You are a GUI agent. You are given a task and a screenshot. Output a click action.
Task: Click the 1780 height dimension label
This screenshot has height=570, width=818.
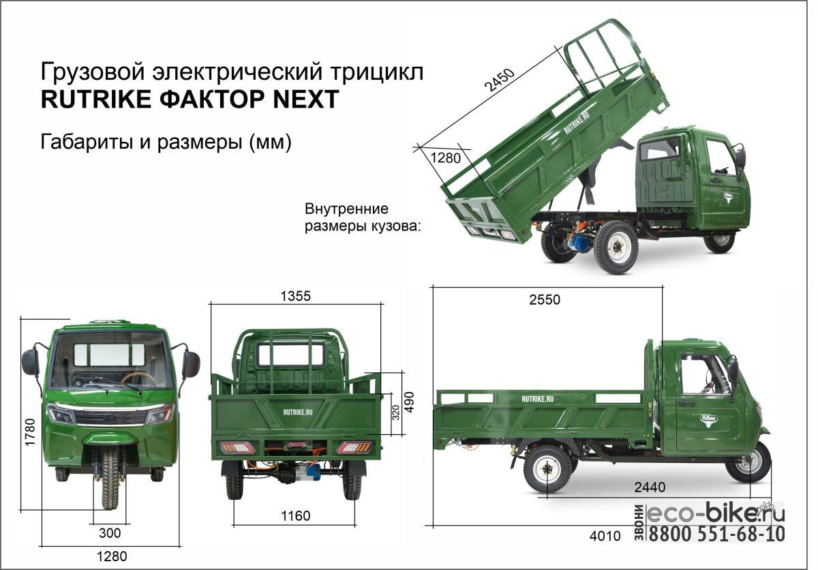[30, 432]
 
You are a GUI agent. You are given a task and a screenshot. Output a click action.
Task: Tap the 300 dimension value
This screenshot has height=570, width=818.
[110, 533]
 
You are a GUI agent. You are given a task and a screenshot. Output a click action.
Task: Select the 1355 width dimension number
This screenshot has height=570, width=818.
[295, 296]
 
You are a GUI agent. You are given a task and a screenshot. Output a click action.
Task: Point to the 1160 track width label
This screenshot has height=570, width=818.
[295, 515]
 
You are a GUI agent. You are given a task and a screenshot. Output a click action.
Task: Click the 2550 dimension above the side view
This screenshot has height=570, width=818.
[545, 299]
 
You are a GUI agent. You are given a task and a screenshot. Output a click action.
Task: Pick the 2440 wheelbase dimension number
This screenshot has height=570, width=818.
[650, 487]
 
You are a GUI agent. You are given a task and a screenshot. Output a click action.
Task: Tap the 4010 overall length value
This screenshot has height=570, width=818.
[605, 536]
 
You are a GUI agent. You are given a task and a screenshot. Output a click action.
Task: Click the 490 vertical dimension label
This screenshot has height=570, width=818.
[410, 402]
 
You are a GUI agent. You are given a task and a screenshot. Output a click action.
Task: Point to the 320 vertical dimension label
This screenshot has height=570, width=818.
[396, 412]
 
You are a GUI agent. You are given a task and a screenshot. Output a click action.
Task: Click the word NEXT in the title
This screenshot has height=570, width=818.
[306, 99]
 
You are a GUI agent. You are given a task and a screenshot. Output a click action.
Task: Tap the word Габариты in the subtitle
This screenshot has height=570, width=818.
[87, 142]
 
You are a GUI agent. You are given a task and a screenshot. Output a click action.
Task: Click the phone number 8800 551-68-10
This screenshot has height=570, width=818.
[716, 535]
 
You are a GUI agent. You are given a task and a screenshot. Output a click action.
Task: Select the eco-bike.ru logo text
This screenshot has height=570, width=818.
[715, 513]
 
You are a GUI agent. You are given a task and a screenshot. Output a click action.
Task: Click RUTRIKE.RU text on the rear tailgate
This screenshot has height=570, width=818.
[298, 412]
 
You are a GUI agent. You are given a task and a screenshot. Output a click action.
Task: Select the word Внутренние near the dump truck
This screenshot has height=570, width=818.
[346, 209]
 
